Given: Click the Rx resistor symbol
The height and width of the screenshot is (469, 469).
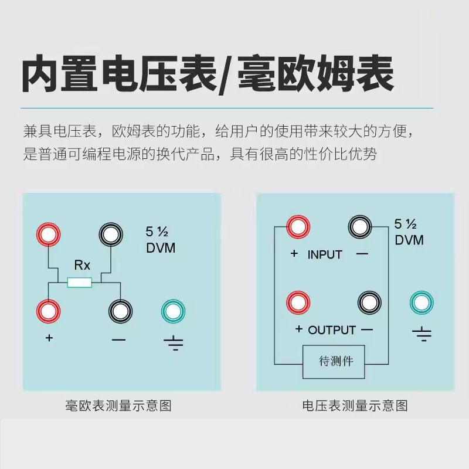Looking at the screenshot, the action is tap(80, 283).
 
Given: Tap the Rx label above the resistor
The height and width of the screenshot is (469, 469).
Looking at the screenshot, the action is tap(82, 265).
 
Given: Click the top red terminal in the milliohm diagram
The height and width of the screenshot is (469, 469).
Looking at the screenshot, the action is tap(48, 235).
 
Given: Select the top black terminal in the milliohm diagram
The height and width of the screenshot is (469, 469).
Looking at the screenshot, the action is tap(111, 235).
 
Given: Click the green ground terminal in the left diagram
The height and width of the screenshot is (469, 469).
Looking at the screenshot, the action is tap(174, 311).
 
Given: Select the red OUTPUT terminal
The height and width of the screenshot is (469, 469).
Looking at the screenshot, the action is tap(298, 303).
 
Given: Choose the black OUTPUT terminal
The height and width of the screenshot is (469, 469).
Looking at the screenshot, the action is tap(370, 303).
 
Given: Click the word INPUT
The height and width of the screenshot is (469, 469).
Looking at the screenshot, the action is tap(324, 254).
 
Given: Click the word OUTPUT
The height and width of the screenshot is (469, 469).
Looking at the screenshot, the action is tap(332, 329).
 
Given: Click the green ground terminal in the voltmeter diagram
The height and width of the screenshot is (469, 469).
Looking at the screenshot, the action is tap(422, 303).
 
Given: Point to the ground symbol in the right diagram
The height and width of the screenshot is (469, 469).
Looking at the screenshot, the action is tap(422, 335).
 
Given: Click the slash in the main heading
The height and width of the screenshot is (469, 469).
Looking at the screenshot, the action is tap(225, 75).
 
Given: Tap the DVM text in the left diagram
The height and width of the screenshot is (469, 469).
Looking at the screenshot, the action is tap(160, 247).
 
